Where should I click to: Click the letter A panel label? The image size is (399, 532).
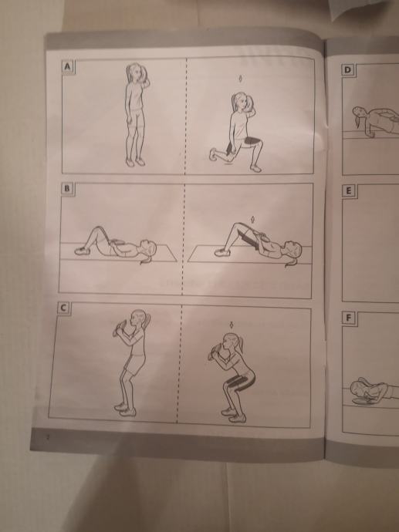pyautogui.click(x=68, y=67)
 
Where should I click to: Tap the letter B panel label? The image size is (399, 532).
pyautogui.click(x=68, y=189)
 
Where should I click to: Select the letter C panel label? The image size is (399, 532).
pyautogui.click(x=64, y=308)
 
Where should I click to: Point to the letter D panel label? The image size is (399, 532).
pyautogui.click(x=347, y=70)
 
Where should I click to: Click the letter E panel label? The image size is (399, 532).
pyautogui.click(x=348, y=191)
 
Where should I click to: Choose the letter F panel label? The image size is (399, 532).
pyautogui.click(x=348, y=318)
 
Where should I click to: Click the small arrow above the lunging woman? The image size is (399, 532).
pyautogui.click(x=241, y=79)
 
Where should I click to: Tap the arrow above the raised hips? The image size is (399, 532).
pyautogui.click(x=252, y=219)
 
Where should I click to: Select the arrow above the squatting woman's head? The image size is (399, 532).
pyautogui.click(x=232, y=325)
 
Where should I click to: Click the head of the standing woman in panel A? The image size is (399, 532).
pyautogui.click(x=136, y=72)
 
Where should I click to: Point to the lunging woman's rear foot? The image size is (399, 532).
pyautogui.click(x=214, y=154)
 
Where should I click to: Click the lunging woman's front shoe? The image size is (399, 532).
pyautogui.click(x=255, y=168)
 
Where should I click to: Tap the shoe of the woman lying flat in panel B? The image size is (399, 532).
pyautogui.click(x=81, y=251)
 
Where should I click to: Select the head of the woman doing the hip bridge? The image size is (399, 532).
pyautogui.click(x=293, y=249)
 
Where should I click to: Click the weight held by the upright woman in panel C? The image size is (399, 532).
pyautogui.click(x=119, y=328)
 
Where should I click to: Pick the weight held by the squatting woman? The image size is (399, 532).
pyautogui.click(x=214, y=352)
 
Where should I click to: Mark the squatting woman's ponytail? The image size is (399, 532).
pyautogui.click(x=242, y=344)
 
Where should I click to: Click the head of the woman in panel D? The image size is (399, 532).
pyautogui.click(x=358, y=114)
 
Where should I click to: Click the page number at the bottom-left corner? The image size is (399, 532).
pyautogui.click(x=48, y=437)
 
